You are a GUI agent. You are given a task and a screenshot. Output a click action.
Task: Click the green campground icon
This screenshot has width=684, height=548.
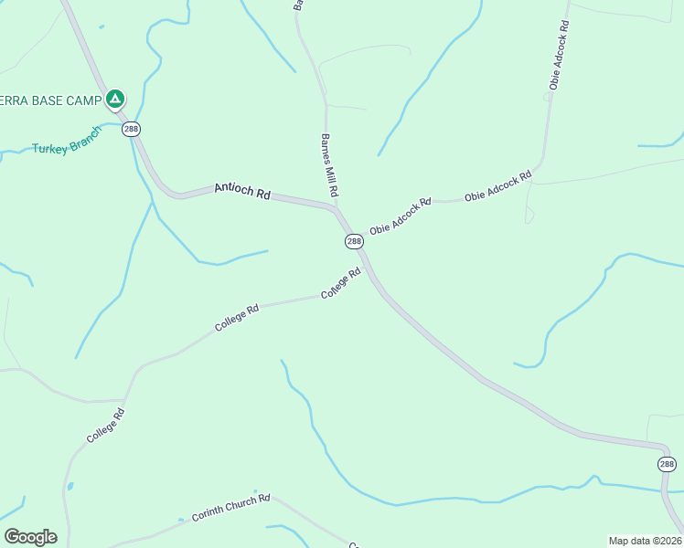pyautogui.click(x=114, y=98)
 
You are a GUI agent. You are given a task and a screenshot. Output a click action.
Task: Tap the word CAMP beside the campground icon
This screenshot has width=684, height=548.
pyautogui.click(x=82, y=100)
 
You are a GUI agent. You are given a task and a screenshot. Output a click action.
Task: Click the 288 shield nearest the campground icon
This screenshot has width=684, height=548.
pyautogui.click(x=132, y=129)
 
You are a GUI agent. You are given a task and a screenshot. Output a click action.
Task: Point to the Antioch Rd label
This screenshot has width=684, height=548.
pyautogui.click(x=242, y=191)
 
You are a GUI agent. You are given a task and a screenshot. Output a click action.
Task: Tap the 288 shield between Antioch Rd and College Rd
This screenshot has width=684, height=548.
pyautogui.click(x=354, y=241)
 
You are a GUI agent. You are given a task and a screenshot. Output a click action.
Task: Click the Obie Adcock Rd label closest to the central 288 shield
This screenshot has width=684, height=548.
pyautogui.click(x=400, y=216)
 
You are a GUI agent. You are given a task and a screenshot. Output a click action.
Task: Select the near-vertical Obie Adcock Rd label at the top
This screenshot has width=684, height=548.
pyautogui.click(x=560, y=55)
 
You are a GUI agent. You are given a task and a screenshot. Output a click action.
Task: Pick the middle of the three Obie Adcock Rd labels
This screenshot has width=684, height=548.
pyautogui.click(x=497, y=185)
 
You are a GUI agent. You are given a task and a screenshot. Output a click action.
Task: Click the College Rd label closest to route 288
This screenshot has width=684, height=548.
pyautogui.click(x=341, y=283)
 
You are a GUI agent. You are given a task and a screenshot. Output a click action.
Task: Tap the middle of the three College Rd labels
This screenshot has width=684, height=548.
pyautogui.click(x=237, y=318)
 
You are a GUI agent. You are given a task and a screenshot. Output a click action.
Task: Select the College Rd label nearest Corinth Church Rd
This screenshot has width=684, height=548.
pyautogui.click(x=105, y=427)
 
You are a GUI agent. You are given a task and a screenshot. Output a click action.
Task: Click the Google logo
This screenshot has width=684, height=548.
pyautogui.click(x=30, y=537)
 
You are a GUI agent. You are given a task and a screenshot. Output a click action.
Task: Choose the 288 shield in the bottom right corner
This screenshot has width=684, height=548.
pyautogui.click(x=667, y=465)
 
